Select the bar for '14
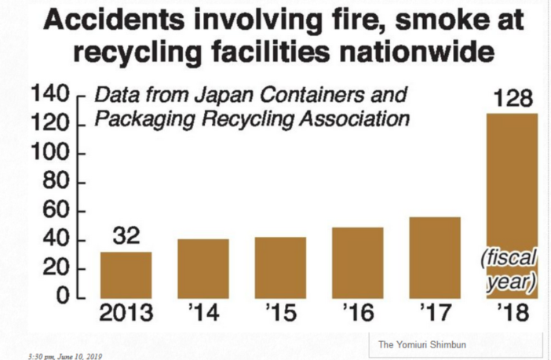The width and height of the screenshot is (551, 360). (x=203, y=268)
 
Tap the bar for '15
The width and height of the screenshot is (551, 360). (x=280, y=267)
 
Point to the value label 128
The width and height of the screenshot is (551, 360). (x=512, y=100)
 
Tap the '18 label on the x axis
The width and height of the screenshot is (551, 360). (x=512, y=315)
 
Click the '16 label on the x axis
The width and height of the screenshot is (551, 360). (x=357, y=315)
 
